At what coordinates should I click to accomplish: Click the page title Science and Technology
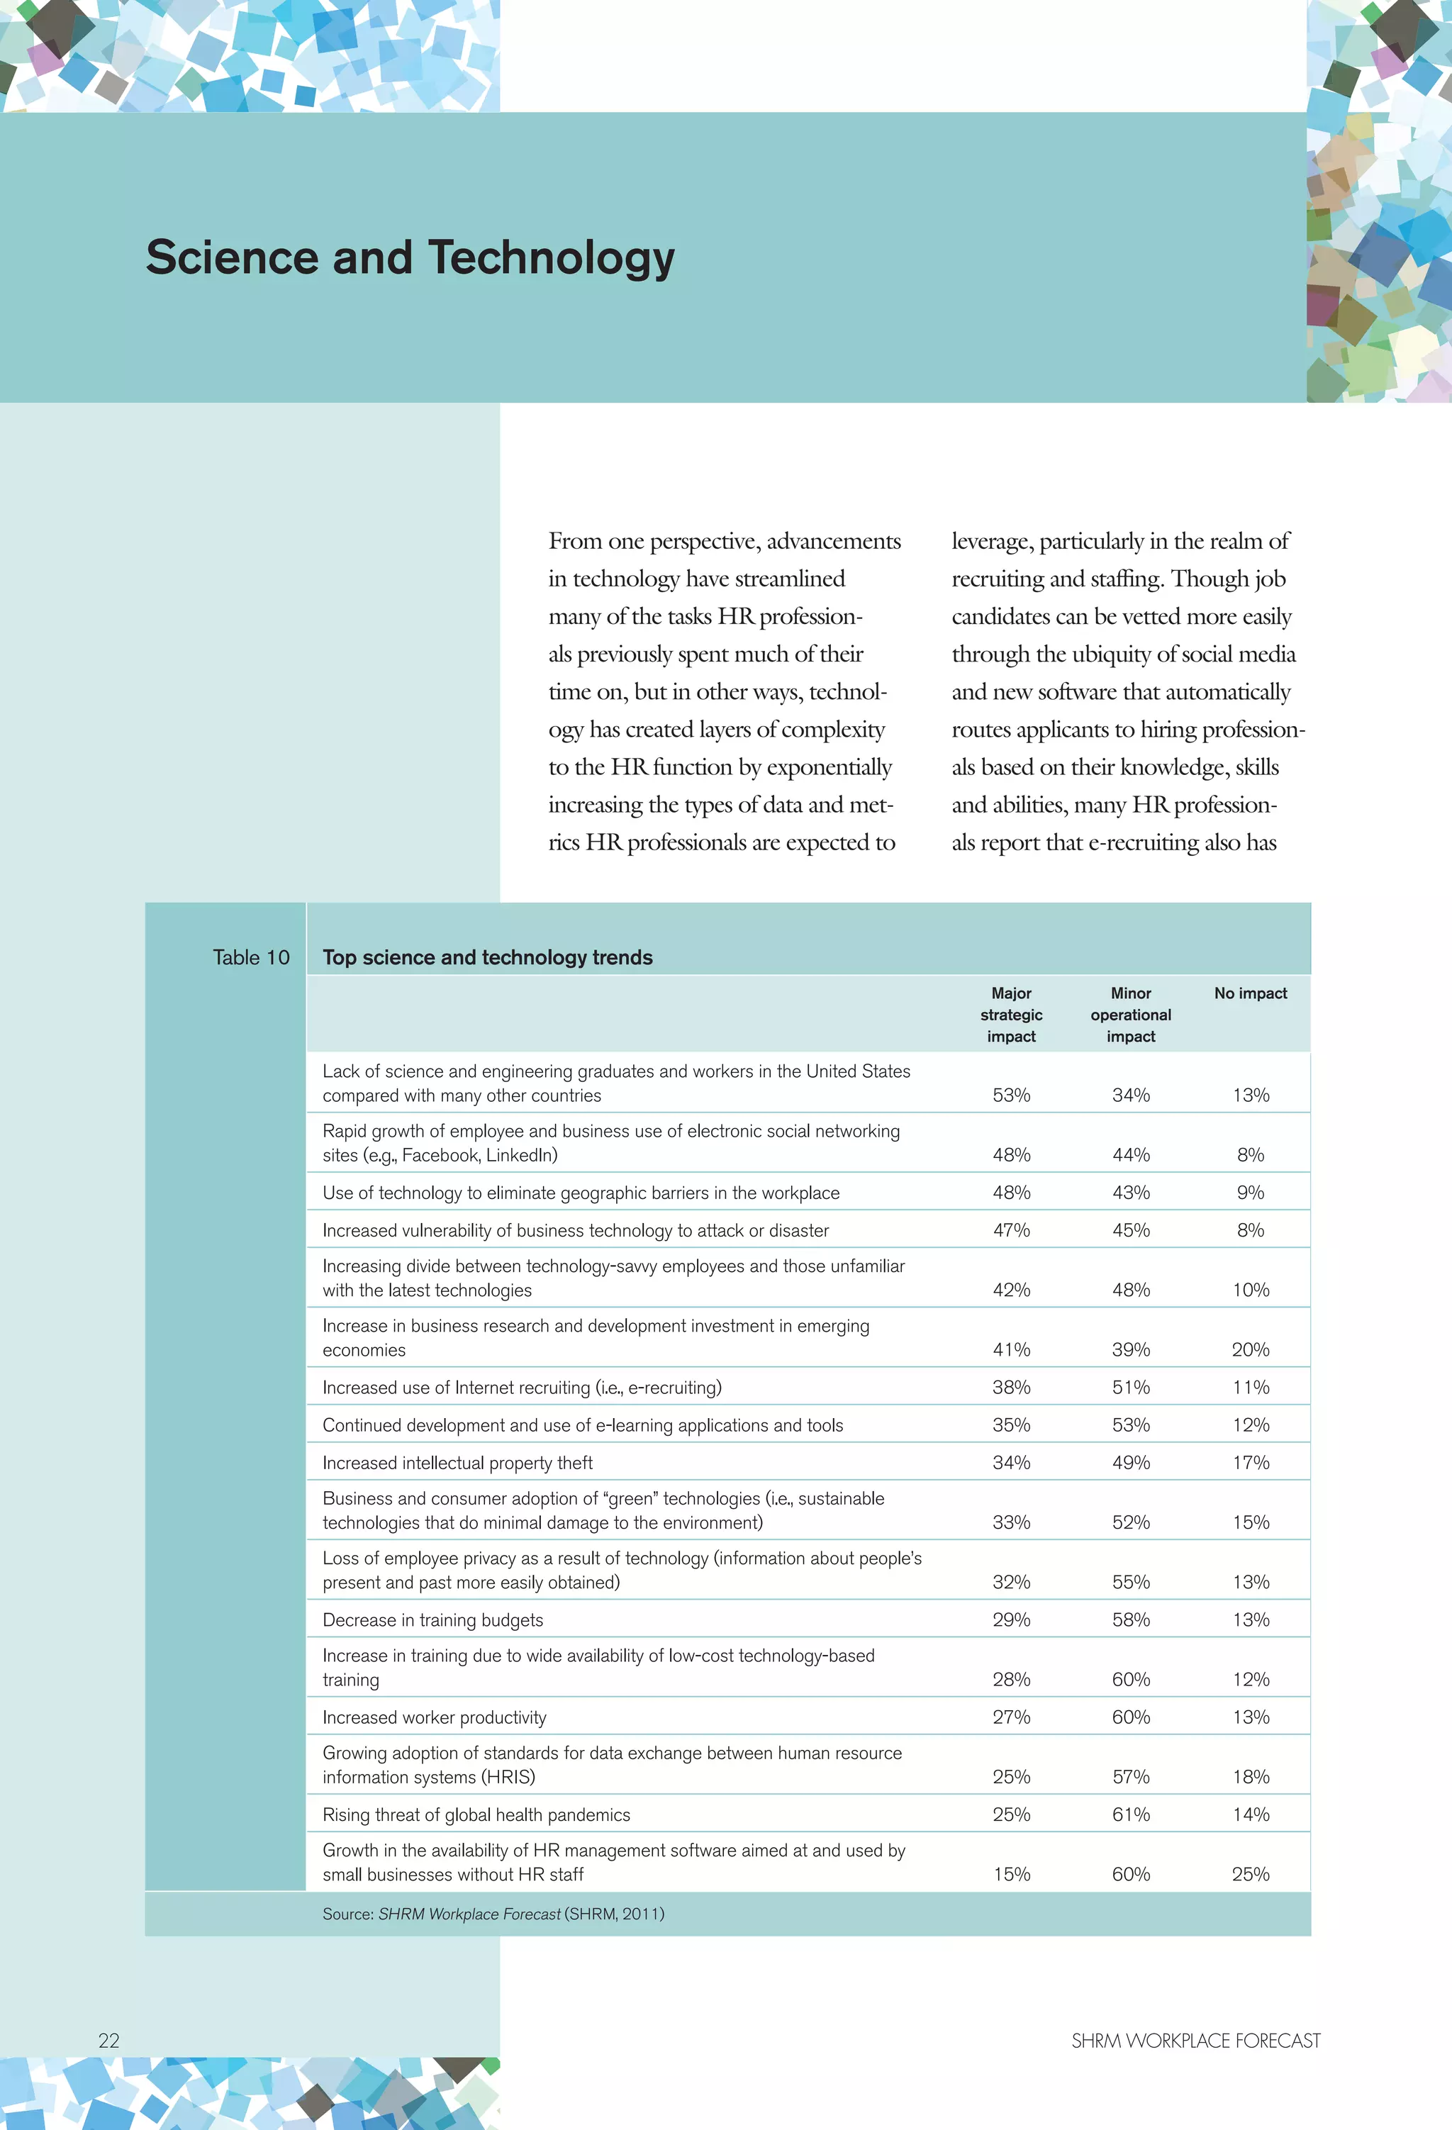tap(410, 257)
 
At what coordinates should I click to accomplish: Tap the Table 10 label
tap(250, 957)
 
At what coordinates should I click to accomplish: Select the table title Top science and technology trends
tap(487, 957)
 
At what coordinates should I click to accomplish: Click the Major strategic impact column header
tap(1011, 1015)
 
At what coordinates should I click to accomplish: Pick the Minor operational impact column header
tap(1130, 1015)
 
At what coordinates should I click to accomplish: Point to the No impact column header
tap(1251, 993)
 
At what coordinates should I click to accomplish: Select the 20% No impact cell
tap(1251, 1349)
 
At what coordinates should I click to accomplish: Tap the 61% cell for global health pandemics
tap(1130, 1814)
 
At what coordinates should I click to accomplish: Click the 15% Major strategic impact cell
tap(1011, 1874)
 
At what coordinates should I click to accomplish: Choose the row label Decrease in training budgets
tap(432, 1619)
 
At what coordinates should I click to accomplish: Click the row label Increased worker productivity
tap(435, 1717)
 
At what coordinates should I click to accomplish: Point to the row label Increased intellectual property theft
tap(457, 1463)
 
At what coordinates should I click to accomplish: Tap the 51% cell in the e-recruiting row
tap(1130, 1388)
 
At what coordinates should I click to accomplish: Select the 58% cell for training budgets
tap(1130, 1619)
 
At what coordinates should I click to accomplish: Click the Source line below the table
tap(493, 1914)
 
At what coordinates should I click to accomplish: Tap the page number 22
tap(108, 2040)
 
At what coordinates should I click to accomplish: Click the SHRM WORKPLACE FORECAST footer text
tap(1195, 2040)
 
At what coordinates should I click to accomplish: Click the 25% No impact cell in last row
tap(1251, 1874)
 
